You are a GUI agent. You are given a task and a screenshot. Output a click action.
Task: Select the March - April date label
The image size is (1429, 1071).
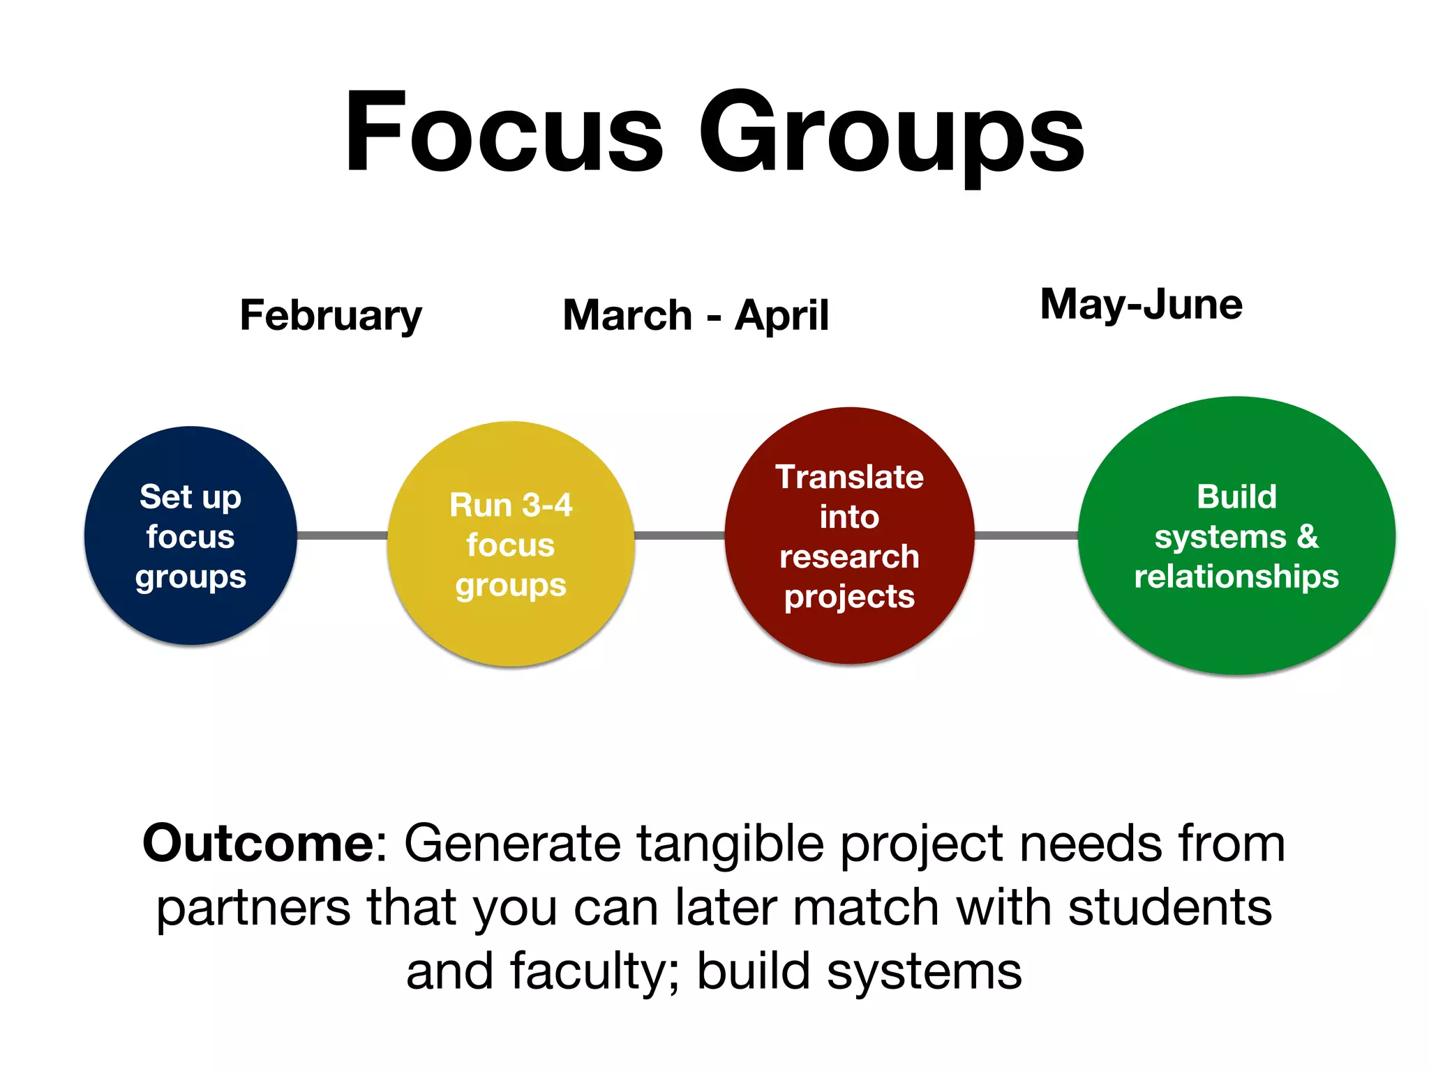pyautogui.click(x=696, y=316)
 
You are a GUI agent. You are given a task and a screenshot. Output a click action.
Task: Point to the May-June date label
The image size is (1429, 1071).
pyautogui.click(x=1141, y=305)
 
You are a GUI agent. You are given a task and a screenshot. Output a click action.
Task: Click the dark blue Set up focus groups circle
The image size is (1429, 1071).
pyautogui.click(x=190, y=535)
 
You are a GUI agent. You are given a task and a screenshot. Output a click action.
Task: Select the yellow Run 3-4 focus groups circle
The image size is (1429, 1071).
pyautogui.click(x=511, y=544)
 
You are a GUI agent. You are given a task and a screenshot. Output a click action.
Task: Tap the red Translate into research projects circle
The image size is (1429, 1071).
pyautogui.click(x=849, y=535)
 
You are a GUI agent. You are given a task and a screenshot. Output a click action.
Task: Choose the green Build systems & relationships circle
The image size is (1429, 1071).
pyautogui.click(x=1236, y=535)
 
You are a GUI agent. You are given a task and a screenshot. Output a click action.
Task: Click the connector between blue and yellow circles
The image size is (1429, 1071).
pyautogui.click(x=342, y=535)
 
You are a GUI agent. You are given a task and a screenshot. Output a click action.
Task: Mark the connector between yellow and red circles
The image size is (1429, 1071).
pyautogui.click(x=680, y=535)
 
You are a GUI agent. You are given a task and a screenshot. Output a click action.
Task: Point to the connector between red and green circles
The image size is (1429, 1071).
pyautogui.click(x=1026, y=535)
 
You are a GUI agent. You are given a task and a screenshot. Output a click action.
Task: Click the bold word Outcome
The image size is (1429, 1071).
pyautogui.click(x=259, y=844)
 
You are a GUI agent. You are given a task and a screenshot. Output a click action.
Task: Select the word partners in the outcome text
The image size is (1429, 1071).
pyautogui.click(x=253, y=909)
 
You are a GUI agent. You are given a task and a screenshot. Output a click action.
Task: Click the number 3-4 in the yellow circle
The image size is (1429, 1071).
pyautogui.click(x=547, y=505)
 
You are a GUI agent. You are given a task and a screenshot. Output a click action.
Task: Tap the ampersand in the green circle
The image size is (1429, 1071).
pyautogui.click(x=1308, y=537)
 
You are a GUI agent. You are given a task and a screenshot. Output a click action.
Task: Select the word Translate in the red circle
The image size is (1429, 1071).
pyautogui.click(x=849, y=478)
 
